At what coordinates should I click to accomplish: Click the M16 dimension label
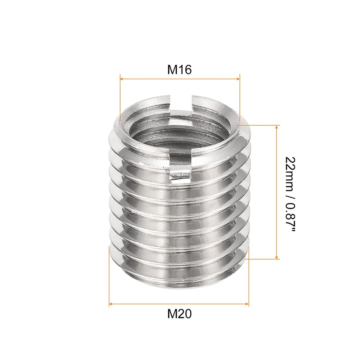point(179,70)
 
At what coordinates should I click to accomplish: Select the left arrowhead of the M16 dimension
point(122,78)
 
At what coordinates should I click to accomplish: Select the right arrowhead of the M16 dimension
point(237,78)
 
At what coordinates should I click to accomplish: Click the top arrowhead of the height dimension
point(277,128)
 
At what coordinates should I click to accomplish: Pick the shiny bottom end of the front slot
point(180,175)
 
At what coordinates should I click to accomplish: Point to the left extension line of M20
point(109,274)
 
